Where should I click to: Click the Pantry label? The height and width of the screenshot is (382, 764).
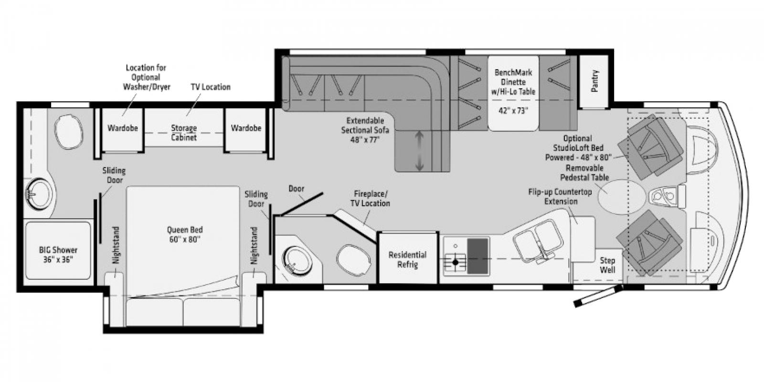(x=594, y=81)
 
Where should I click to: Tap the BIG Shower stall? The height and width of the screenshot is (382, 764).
(x=58, y=250)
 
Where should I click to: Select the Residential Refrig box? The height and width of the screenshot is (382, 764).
(x=407, y=258)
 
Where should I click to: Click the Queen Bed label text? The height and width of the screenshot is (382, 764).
(x=184, y=234)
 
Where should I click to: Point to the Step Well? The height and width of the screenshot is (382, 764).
(x=607, y=265)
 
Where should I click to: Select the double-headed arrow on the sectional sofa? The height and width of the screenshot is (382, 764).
(x=419, y=151)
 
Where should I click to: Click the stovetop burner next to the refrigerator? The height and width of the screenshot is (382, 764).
(x=455, y=262)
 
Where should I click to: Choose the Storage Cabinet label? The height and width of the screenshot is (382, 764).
(x=184, y=133)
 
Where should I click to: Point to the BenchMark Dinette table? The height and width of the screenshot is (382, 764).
(x=514, y=93)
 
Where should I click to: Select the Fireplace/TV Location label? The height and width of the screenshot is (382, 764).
(x=371, y=199)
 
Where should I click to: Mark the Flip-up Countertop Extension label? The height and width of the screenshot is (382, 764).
(x=560, y=196)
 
